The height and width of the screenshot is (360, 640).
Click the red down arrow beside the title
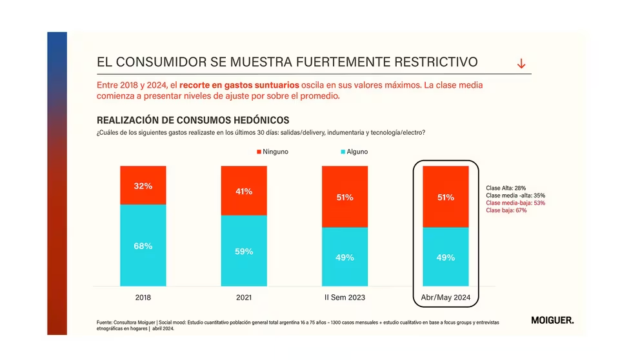click(x=521, y=63)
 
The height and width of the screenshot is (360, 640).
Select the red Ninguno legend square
click(x=259, y=152)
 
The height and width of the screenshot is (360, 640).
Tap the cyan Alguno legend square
click(x=343, y=152)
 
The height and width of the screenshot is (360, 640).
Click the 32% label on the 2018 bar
click(x=143, y=186)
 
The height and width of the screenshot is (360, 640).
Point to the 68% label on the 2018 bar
click(x=143, y=246)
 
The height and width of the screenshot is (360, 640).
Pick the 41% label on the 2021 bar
click(x=243, y=191)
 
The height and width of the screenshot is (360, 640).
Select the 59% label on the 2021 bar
click(x=243, y=252)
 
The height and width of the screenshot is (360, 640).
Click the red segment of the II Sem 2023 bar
click(x=345, y=197)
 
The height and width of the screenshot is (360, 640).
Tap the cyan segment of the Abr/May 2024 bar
click(x=445, y=257)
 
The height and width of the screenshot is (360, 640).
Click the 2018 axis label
click(x=143, y=297)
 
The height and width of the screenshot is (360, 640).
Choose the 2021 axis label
click(x=243, y=297)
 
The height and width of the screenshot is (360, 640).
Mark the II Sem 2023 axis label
click(x=345, y=297)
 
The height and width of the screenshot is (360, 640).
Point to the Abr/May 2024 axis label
click(x=445, y=297)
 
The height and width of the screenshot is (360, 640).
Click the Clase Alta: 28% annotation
click(x=506, y=188)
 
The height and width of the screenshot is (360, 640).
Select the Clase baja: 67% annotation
click(x=506, y=210)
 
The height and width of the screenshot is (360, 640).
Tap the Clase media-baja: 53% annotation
click(x=515, y=203)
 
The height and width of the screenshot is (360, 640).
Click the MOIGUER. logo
click(x=552, y=320)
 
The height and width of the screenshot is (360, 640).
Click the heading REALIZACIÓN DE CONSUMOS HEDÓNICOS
click(x=193, y=120)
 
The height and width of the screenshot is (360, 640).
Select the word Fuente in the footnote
click(x=107, y=321)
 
